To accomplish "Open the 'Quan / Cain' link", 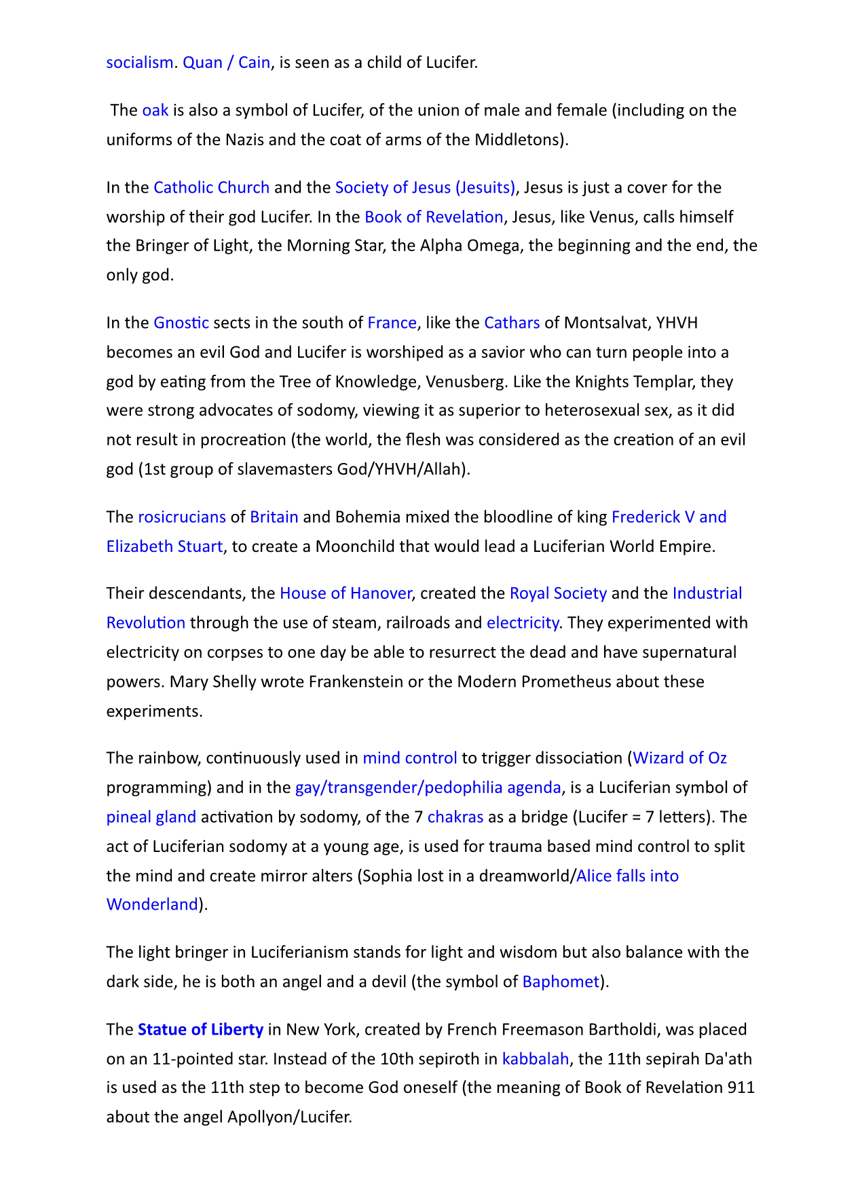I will point(227,62).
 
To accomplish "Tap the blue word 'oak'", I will point(155,110).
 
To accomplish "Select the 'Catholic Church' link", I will point(212,187).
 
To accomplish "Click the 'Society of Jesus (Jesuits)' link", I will point(426,187).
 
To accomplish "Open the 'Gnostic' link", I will point(181,322).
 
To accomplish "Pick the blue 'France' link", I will point(392,322).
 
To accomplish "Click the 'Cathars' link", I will point(512,322).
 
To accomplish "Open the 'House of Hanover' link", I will point(345,593).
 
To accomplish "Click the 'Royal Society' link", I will point(558,593).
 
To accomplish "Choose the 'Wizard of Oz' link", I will point(679,758).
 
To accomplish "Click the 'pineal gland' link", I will point(151,817).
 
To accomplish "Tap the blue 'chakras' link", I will point(455,817).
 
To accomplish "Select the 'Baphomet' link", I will point(561,982).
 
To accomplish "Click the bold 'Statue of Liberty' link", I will point(200,1030).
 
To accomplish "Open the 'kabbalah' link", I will point(535,1059).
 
